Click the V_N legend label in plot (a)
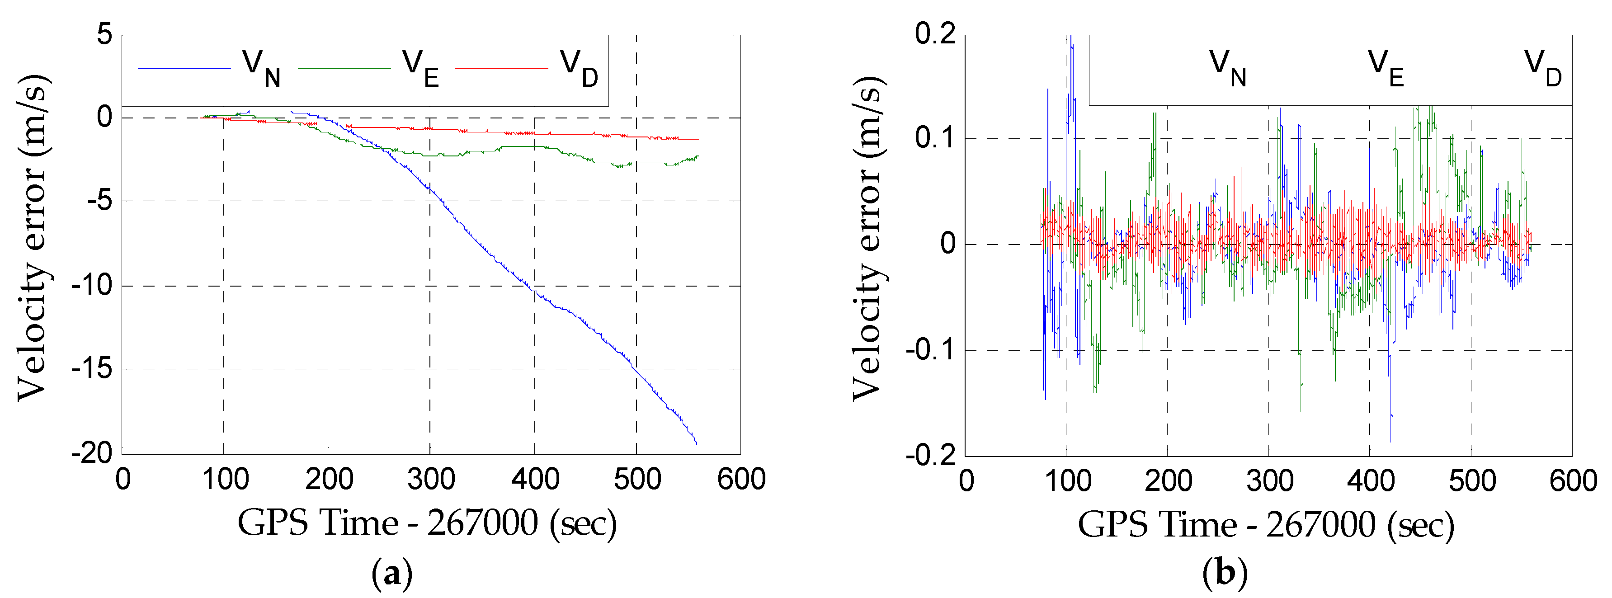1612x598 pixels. [261, 67]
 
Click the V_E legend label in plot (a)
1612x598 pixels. [420, 67]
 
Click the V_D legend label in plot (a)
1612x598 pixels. [579, 67]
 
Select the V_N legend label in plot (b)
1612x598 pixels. [1227, 67]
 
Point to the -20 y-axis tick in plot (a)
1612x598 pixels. [91, 452]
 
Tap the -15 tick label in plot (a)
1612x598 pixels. [91, 369]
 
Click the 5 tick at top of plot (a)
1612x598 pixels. [104, 34]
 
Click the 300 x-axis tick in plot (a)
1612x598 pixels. [430, 480]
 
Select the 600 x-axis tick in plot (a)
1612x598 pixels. [741, 480]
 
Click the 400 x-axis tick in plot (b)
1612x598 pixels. [1371, 481]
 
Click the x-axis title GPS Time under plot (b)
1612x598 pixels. [1265, 524]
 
